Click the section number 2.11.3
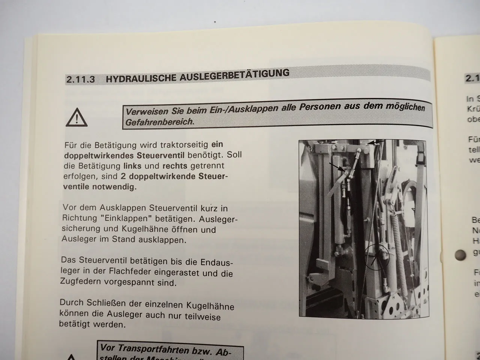point(80,79)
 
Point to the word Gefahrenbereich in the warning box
point(159,122)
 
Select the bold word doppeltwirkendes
point(91,155)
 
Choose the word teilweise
point(203,316)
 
